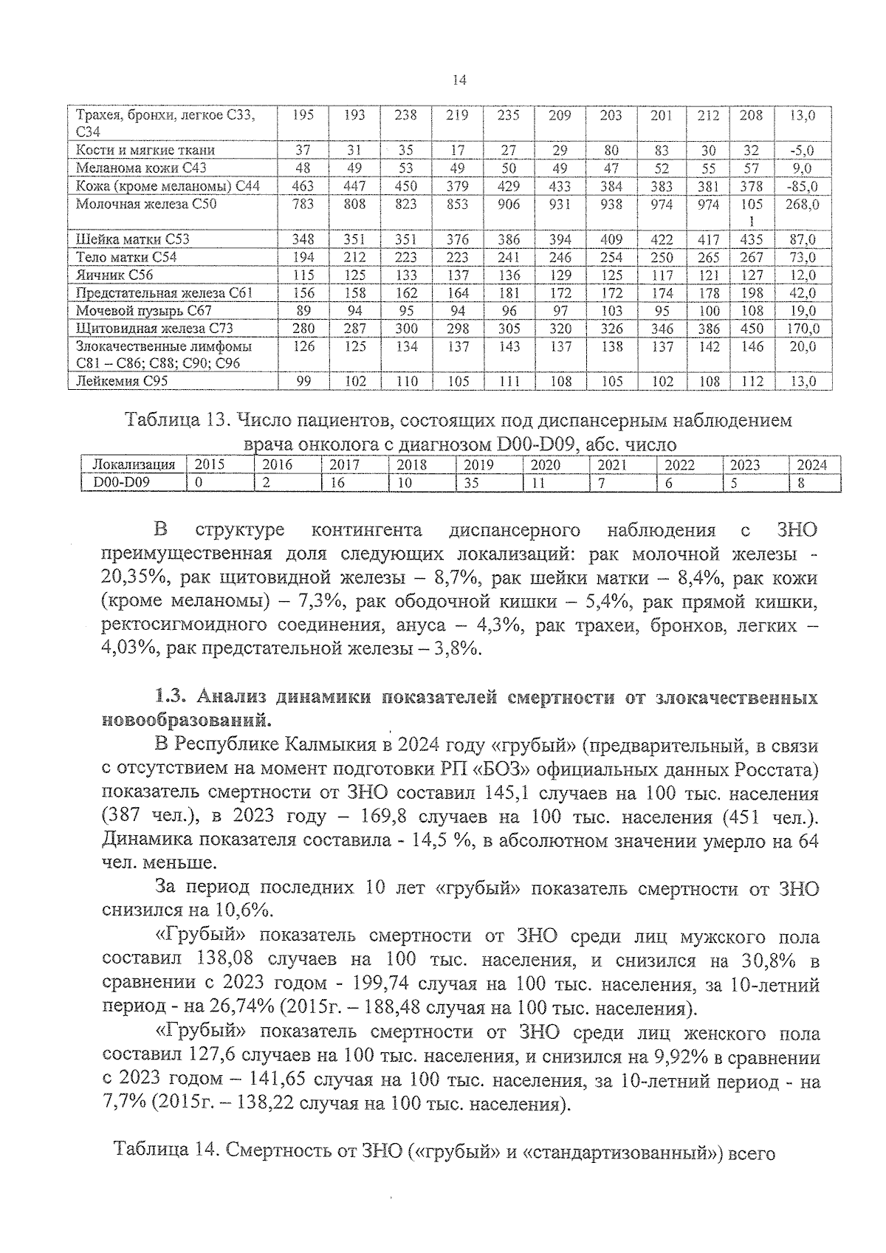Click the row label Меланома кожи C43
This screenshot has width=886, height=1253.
(x=141, y=168)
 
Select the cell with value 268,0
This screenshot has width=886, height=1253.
(x=802, y=204)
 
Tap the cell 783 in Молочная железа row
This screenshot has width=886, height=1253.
(x=303, y=204)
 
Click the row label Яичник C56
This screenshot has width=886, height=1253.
(x=114, y=275)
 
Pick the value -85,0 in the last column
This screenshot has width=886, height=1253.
(x=802, y=186)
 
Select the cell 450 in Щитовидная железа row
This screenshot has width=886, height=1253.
(x=752, y=329)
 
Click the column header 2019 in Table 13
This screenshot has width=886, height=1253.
(x=478, y=465)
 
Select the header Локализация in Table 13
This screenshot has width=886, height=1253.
(x=133, y=465)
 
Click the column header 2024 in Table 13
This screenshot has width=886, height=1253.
(x=812, y=465)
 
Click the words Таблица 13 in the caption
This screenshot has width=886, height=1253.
(x=174, y=422)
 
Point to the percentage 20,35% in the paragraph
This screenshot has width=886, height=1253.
(x=131, y=577)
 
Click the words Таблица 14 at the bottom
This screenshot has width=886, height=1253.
(x=162, y=1150)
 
